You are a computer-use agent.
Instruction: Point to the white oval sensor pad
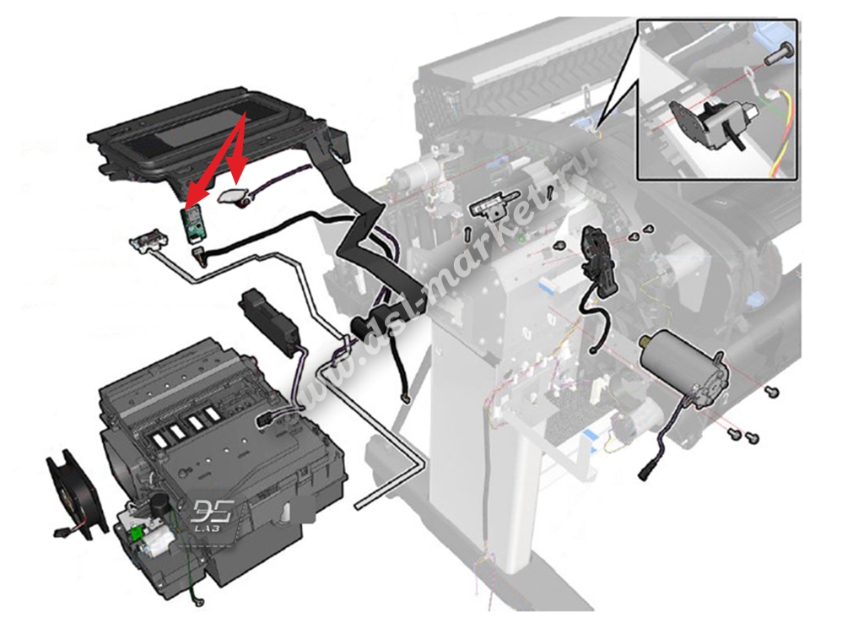click(235, 196)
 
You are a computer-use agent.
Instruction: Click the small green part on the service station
click(135, 534)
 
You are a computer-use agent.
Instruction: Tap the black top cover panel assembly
click(214, 136)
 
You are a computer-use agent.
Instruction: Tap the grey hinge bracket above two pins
click(494, 204)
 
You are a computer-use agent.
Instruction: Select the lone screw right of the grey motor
click(770, 392)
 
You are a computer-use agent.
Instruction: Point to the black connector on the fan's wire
click(60, 533)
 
